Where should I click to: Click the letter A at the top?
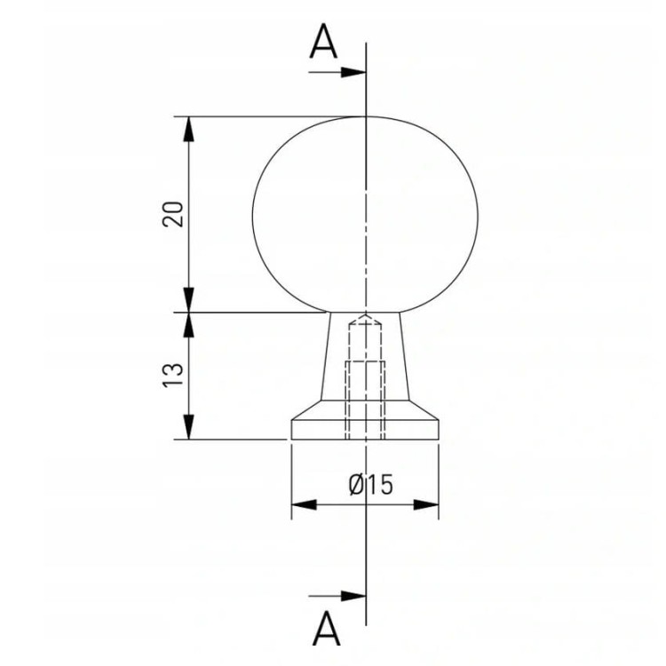pos(323,41)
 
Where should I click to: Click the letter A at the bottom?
pos(326,628)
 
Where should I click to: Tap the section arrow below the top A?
pos(337,72)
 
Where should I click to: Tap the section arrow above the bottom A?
pos(337,596)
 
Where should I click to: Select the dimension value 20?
pos(173,214)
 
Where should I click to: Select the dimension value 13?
pos(173,374)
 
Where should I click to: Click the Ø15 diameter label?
pos(371,485)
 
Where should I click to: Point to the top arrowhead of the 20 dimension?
pos(189,129)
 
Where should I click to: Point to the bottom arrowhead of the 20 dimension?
pos(189,300)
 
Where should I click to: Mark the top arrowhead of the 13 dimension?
pos(189,325)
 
